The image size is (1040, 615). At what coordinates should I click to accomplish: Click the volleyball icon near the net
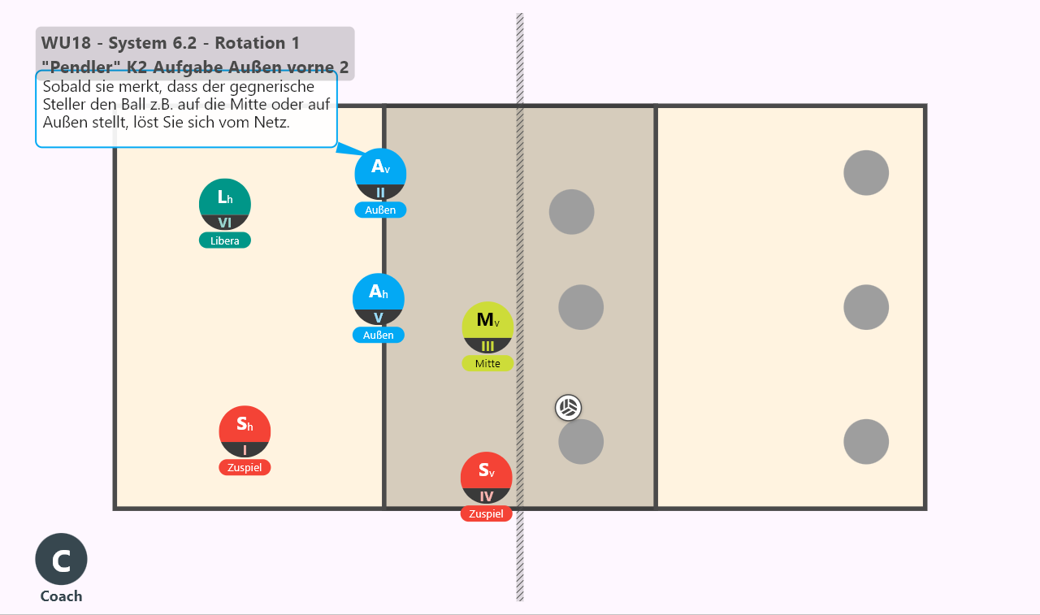[x=568, y=408]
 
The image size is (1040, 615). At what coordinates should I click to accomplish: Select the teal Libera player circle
[x=225, y=204]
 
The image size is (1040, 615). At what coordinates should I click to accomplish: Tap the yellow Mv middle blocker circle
[x=487, y=327]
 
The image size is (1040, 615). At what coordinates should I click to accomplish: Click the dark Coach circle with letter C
[x=61, y=559]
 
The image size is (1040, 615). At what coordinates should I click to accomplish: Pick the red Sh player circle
[x=245, y=431]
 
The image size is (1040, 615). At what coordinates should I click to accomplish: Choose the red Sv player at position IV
[x=486, y=478]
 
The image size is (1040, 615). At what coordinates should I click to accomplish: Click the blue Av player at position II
[x=380, y=174]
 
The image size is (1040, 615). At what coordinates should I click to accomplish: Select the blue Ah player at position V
[x=379, y=300]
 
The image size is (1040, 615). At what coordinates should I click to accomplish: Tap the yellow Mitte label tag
[x=487, y=363]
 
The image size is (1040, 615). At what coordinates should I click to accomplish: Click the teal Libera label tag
[x=225, y=240]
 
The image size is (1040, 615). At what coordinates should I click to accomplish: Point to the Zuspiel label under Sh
[x=245, y=467]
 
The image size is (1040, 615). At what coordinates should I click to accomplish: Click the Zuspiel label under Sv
[x=486, y=513]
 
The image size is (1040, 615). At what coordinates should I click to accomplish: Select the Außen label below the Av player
[x=380, y=210]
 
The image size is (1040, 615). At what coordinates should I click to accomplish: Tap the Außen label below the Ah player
[x=379, y=335]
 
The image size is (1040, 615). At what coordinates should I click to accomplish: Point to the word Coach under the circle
[x=61, y=596]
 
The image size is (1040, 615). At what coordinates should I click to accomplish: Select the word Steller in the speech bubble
[x=64, y=104]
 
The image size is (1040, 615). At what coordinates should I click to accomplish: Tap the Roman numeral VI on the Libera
[x=225, y=223]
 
